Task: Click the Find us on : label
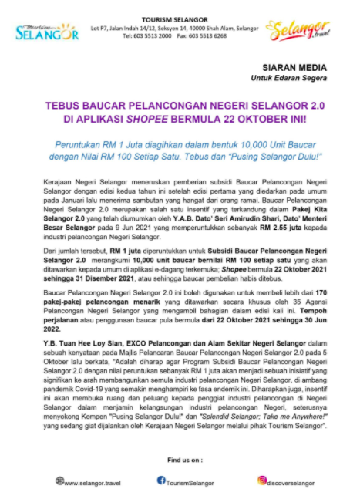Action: (179, 460)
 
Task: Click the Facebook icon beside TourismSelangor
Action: (161, 481)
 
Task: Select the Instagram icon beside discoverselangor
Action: (262, 481)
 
